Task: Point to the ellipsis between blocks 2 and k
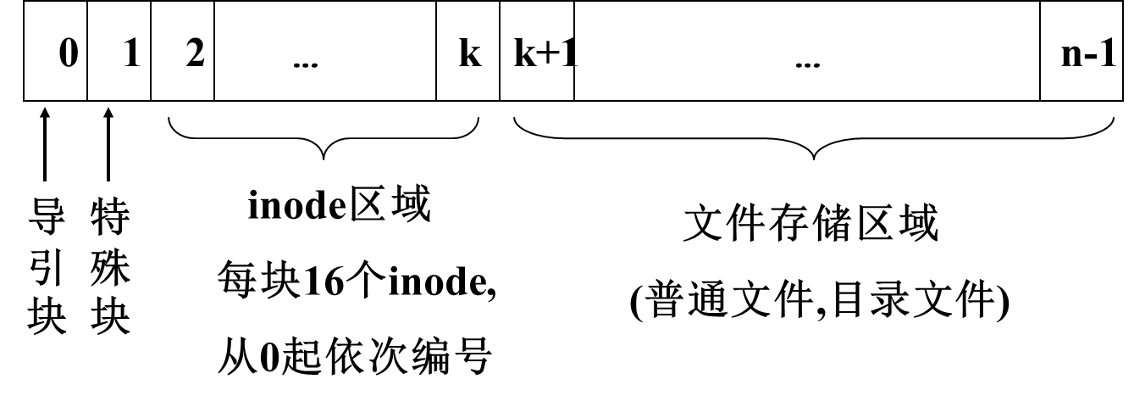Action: coord(304,59)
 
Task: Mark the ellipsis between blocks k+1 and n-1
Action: coord(807,59)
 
